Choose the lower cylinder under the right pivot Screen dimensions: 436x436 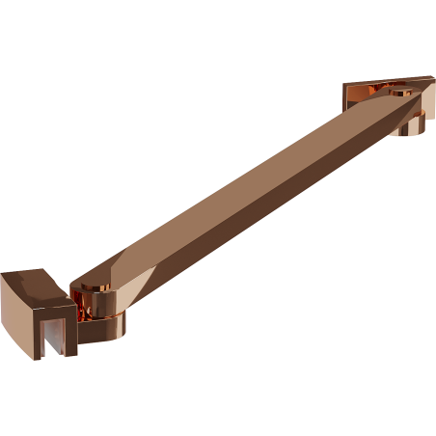click(x=412, y=125)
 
